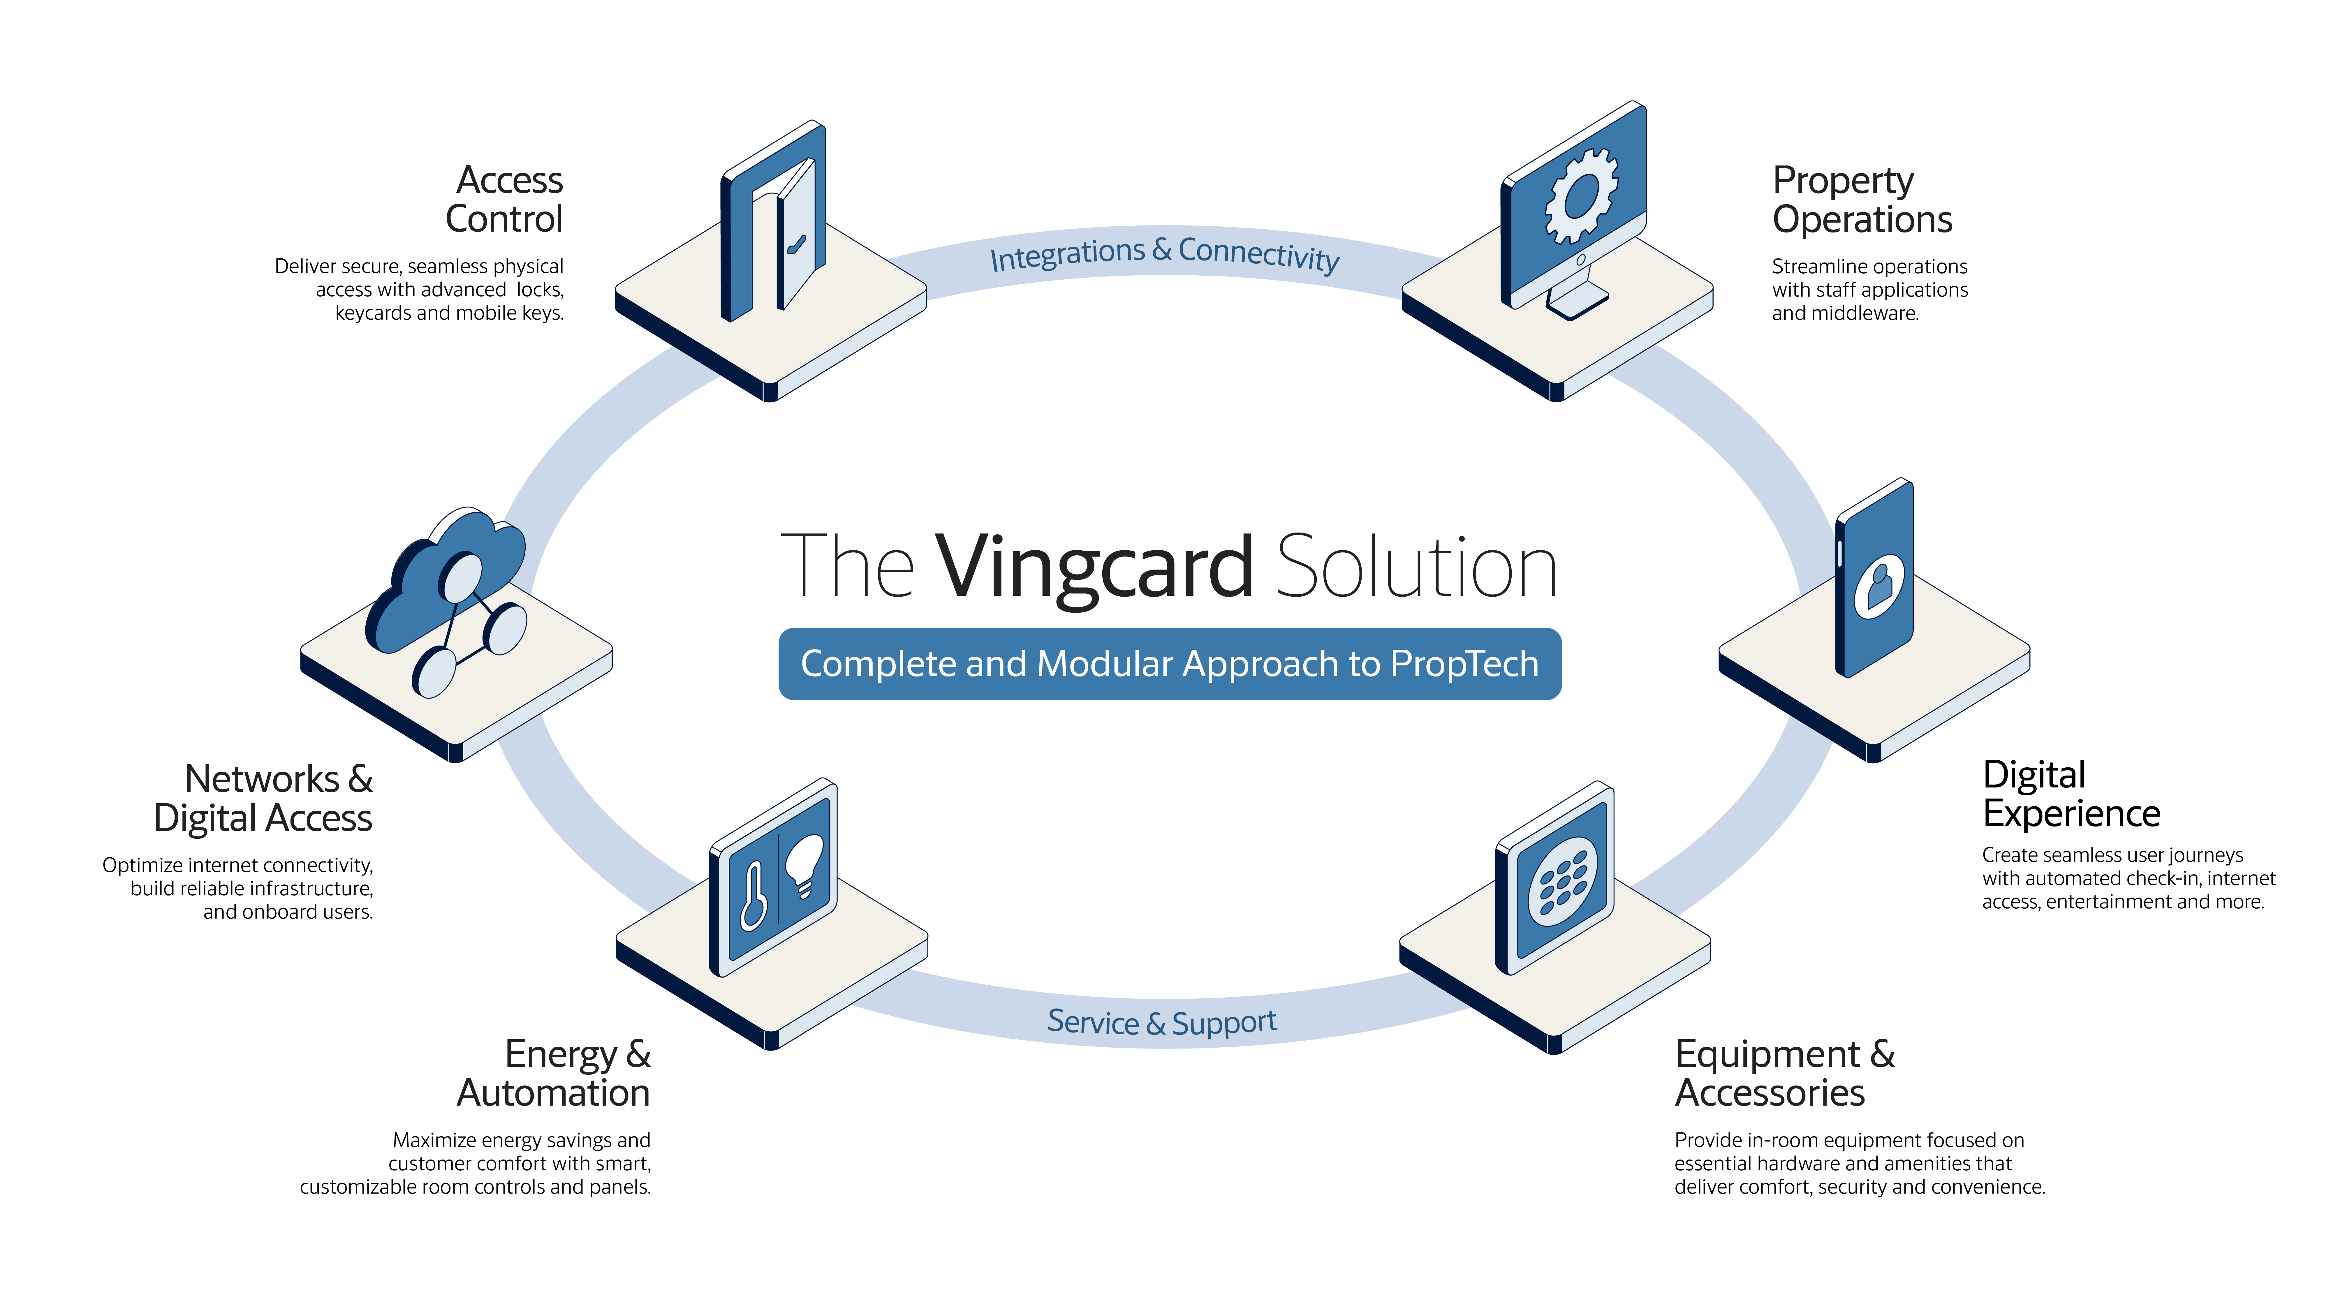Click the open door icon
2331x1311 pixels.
tap(774, 222)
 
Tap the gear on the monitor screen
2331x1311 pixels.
tap(1581, 196)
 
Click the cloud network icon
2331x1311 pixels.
tap(446, 602)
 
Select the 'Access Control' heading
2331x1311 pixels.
tap(504, 199)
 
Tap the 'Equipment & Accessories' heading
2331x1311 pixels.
tap(1784, 1073)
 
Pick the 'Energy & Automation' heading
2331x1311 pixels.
tap(554, 1073)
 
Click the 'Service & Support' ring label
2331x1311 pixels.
tap(1162, 1022)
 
